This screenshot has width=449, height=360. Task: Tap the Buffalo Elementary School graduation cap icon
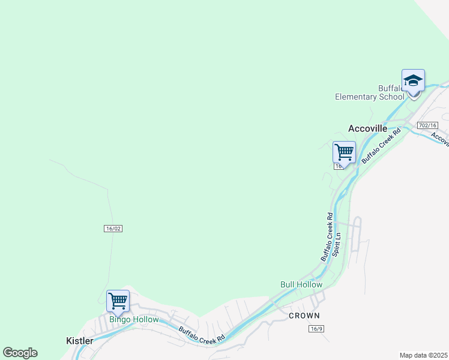click(x=413, y=80)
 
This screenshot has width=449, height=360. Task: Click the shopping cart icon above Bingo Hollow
click(x=118, y=301)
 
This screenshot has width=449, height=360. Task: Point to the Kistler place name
click(x=79, y=341)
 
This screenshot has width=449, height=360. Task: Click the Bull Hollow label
click(x=301, y=284)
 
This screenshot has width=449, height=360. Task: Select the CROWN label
click(x=304, y=315)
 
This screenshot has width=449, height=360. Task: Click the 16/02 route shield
click(x=113, y=229)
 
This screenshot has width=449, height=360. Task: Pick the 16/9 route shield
click(x=317, y=329)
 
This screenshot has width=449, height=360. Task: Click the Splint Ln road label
click(x=337, y=242)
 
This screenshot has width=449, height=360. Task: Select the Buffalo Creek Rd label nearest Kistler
click(x=202, y=334)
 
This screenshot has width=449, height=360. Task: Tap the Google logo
click(x=20, y=353)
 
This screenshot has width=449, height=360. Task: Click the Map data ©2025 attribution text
click(x=424, y=355)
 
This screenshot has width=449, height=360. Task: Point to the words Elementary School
click(x=370, y=97)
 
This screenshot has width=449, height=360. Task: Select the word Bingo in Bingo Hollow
click(x=119, y=320)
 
